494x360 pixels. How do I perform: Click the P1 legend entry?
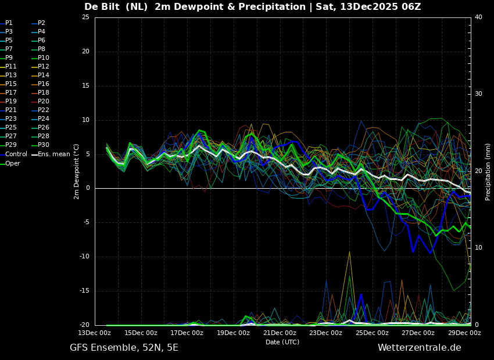coord(9,23)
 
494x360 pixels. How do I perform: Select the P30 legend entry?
coord(44,145)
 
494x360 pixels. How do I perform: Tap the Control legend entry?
coord(16,154)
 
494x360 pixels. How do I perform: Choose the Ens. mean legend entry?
coord(53,154)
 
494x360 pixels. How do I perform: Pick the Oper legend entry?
coord(13,163)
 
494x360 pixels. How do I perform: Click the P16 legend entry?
coord(44,84)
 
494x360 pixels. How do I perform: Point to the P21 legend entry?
coord(10,110)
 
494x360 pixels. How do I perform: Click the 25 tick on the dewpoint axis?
coord(85,17)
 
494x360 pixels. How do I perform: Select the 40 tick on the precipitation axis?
coord(478,17)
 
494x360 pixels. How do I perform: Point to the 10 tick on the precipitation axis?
coord(478,248)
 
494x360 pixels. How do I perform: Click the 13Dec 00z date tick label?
coord(95,333)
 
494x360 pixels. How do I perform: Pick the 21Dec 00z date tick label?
coord(280,333)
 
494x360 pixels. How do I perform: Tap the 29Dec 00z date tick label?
coord(464,333)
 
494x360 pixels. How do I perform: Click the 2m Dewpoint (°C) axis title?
coord(77,171)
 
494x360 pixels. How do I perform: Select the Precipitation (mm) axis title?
coord(488,171)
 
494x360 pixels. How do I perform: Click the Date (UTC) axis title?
coord(282,342)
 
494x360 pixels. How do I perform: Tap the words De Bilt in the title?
coord(101,7)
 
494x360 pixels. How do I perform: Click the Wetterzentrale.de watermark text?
coord(419,348)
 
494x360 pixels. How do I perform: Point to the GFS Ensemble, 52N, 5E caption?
coord(124,348)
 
